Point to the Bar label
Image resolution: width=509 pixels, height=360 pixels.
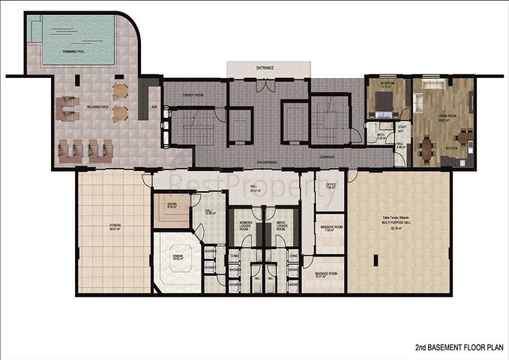coord(154,107)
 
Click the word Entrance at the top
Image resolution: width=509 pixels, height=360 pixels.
coord(264,68)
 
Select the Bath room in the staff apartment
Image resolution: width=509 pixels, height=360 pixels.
coord(382,136)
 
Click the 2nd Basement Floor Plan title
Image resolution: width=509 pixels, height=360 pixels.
coord(460,348)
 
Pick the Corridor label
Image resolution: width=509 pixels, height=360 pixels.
coord(326,157)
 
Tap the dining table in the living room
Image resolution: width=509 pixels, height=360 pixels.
coord(430,147)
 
